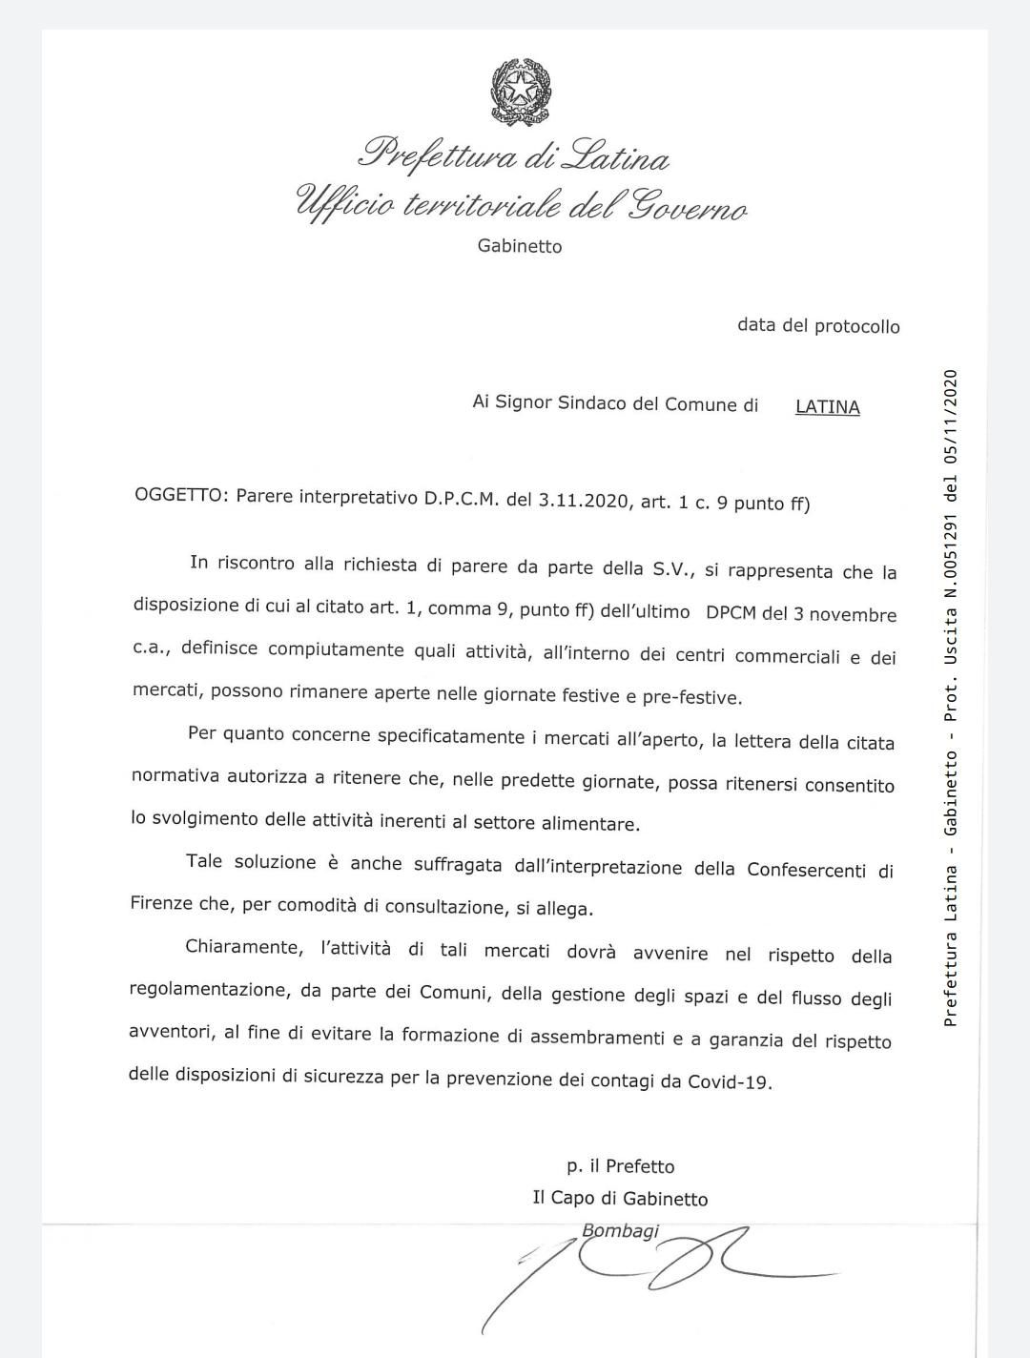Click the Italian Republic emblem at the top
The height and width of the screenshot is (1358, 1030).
tap(520, 92)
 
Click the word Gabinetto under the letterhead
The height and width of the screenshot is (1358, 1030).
tap(520, 246)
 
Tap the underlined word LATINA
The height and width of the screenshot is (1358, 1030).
tap(827, 407)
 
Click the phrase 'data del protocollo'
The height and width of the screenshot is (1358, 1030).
tap(818, 326)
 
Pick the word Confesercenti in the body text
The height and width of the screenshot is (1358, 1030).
tap(809, 870)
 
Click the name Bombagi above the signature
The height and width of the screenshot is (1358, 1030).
tap(620, 1231)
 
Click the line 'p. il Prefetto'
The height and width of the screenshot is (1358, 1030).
tap(620, 1166)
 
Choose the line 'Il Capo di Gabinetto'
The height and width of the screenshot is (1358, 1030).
tap(620, 1199)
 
